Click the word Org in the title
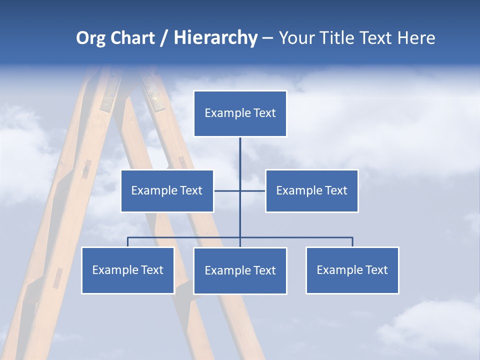(x=90, y=38)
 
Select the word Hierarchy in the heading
(x=215, y=38)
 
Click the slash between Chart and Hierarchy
(x=164, y=38)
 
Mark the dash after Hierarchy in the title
(x=267, y=38)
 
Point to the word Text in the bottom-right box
(x=376, y=270)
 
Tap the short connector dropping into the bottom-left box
(x=127, y=242)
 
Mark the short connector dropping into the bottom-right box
(x=352, y=242)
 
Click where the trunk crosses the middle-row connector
(x=240, y=190)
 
